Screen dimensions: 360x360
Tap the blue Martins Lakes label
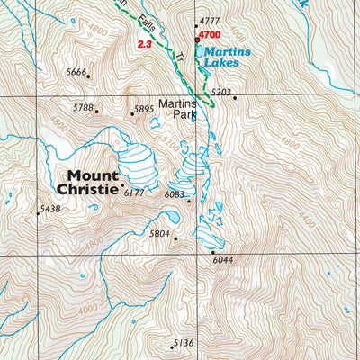(225, 58)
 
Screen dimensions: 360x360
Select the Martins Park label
(177, 109)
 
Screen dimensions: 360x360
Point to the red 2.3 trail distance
(144, 43)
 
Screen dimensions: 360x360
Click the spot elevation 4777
(210, 20)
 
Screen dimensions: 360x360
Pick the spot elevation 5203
(221, 92)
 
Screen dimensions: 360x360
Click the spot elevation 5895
(144, 110)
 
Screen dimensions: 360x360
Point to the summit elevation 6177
(134, 193)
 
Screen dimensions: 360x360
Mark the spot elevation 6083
(175, 194)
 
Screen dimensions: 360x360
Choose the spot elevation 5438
(49, 209)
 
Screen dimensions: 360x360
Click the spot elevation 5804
(159, 233)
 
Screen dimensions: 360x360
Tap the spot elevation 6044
(223, 260)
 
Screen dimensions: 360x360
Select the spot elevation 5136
(184, 342)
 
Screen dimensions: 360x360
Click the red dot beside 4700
(197, 40)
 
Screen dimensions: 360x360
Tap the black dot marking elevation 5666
(88, 76)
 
